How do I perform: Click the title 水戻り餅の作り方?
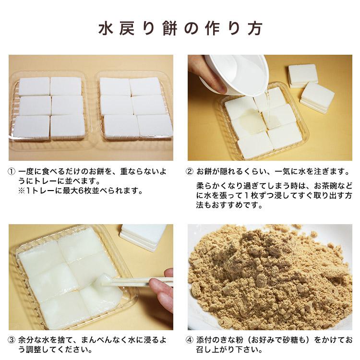tap(180, 28)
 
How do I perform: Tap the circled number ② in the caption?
tap(190, 171)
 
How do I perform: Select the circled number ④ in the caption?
tap(190, 340)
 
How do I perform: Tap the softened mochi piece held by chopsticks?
tap(104, 281)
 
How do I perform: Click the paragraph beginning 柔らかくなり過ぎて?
tap(274, 195)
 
